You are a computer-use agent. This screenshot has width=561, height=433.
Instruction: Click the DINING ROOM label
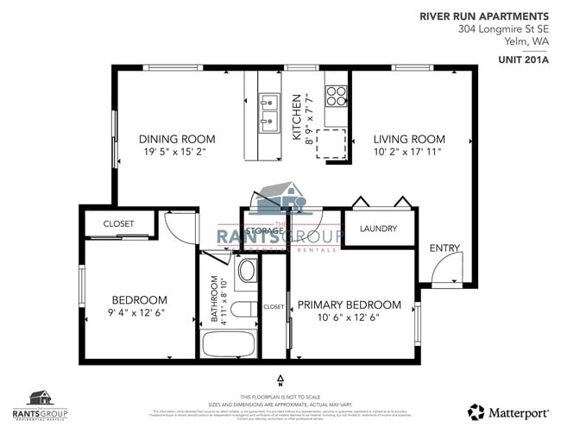point(177,139)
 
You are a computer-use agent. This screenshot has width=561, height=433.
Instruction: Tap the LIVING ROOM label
point(409,139)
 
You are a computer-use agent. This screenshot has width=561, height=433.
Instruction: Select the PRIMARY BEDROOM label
point(349,304)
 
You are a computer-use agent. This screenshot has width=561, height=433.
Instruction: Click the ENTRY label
point(444,248)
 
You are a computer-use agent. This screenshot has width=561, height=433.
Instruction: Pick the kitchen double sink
point(269,111)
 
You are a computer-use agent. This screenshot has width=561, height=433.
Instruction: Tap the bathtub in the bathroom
point(229,342)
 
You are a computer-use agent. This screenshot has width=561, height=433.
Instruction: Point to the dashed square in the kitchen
point(331,143)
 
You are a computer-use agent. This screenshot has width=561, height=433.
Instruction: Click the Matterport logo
point(508,410)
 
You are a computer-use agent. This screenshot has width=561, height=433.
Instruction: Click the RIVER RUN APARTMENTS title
point(483,16)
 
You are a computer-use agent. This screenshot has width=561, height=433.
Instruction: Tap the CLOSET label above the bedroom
point(118,223)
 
